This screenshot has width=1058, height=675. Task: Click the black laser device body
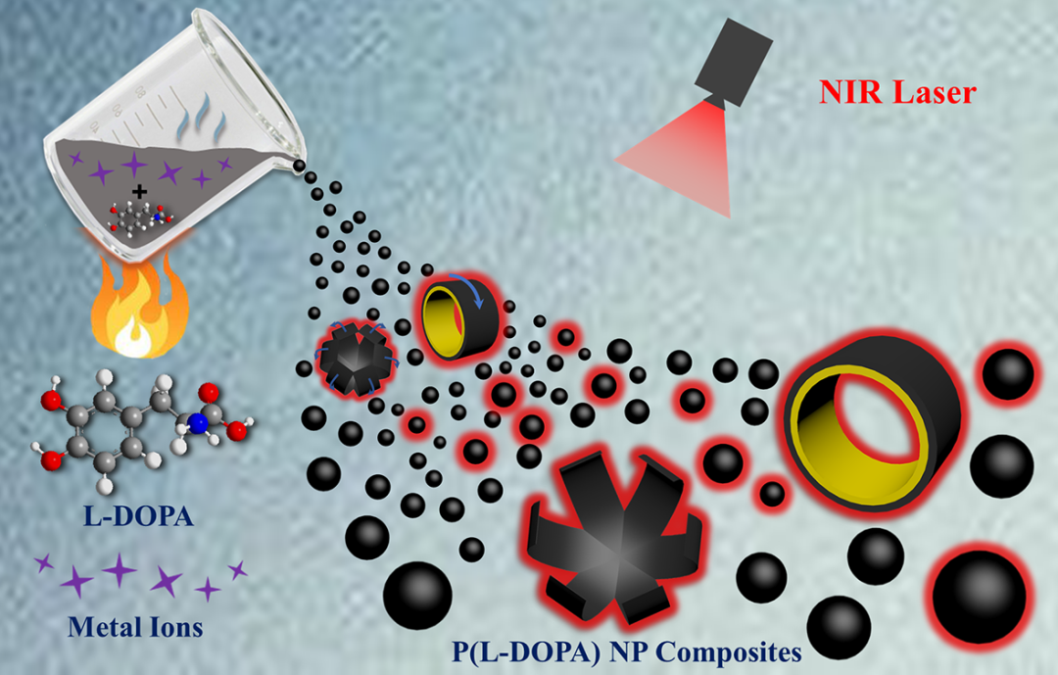(x=731, y=54)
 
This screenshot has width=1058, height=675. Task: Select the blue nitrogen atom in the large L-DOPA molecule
(x=196, y=424)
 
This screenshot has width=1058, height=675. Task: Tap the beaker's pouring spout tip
(x=297, y=167)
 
